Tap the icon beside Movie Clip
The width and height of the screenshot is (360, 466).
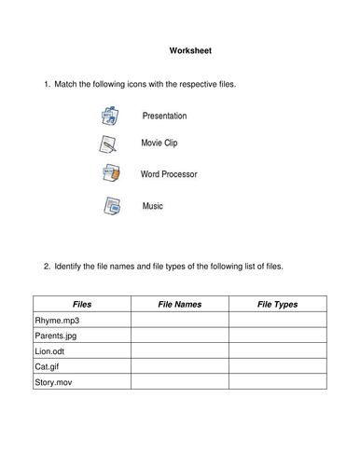click(x=107, y=144)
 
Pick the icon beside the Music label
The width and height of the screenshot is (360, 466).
click(x=109, y=205)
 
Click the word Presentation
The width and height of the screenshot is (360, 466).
click(x=164, y=116)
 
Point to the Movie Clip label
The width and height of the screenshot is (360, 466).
click(x=159, y=144)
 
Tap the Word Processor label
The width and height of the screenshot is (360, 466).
click(x=169, y=174)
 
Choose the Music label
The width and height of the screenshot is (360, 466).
click(x=152, y=205)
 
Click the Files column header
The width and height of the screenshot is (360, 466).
click(x=81, y=304)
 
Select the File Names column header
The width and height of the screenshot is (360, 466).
click(x=179, y=304)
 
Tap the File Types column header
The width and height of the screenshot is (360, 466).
click(x=277, y=304)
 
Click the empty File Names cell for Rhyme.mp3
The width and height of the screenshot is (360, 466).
click(x=179, y=321)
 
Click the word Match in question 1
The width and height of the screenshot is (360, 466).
click(x=68, y=85)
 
